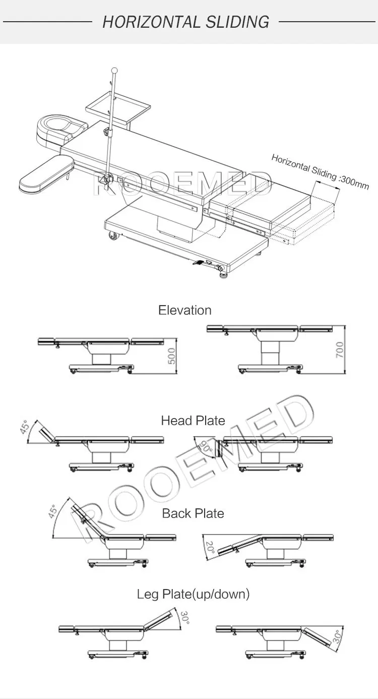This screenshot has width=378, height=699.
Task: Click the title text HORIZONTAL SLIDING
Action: (185, 22)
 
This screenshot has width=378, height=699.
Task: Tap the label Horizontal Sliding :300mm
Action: (320, 172)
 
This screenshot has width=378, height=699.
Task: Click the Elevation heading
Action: (184, 310)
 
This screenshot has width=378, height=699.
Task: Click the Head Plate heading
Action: (193, 420)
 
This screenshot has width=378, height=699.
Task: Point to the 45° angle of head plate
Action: (24, 428)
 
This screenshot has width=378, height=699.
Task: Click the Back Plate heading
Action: (193, 513)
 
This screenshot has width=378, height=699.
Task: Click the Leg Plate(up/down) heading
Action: (193, 594)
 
